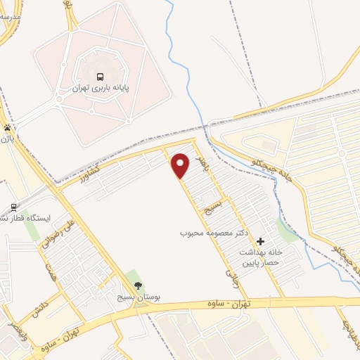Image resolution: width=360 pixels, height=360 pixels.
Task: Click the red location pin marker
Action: [x=181, y=165]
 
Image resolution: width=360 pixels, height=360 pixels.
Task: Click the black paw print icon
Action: [x=8, y=128]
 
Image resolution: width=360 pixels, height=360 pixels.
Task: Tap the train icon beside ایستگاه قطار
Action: [x=13, y=207]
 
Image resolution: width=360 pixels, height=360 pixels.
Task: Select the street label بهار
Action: [x=204, y=164]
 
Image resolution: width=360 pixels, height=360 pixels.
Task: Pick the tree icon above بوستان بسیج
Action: [x=138, y=285]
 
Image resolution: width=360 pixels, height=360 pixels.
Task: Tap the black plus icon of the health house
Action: [x=261, y=241]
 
